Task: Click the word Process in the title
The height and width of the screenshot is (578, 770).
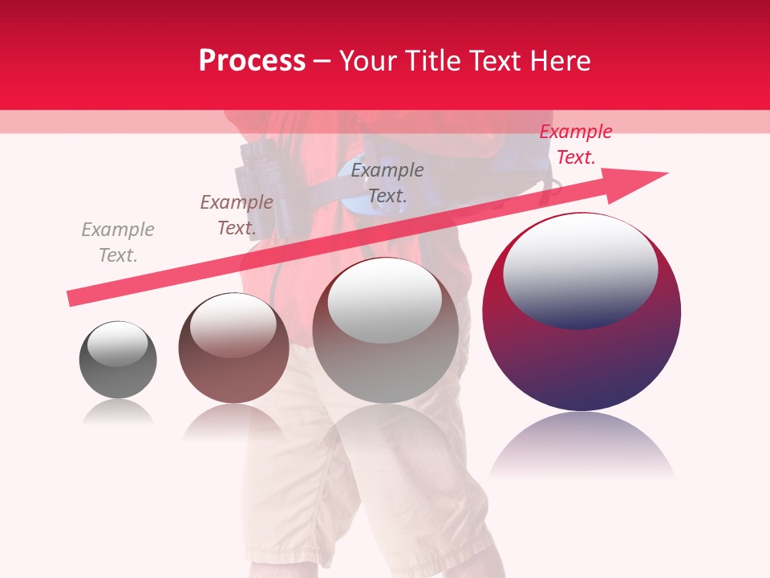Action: (252, 61)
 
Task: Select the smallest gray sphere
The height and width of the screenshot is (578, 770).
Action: (118, 360)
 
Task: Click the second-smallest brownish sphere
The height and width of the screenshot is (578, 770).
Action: (233, 348)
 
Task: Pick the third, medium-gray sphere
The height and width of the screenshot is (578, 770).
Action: (386, 330)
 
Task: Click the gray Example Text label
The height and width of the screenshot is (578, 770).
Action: (118, 242)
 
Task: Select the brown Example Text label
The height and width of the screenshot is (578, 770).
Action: (237, 215)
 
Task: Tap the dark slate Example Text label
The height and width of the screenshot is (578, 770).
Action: (387, 182)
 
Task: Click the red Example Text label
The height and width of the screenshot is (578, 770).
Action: (575, 144)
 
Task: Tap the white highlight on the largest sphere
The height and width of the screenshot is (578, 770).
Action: (580, 269)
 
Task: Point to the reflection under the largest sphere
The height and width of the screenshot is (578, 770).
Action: (582, 446)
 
